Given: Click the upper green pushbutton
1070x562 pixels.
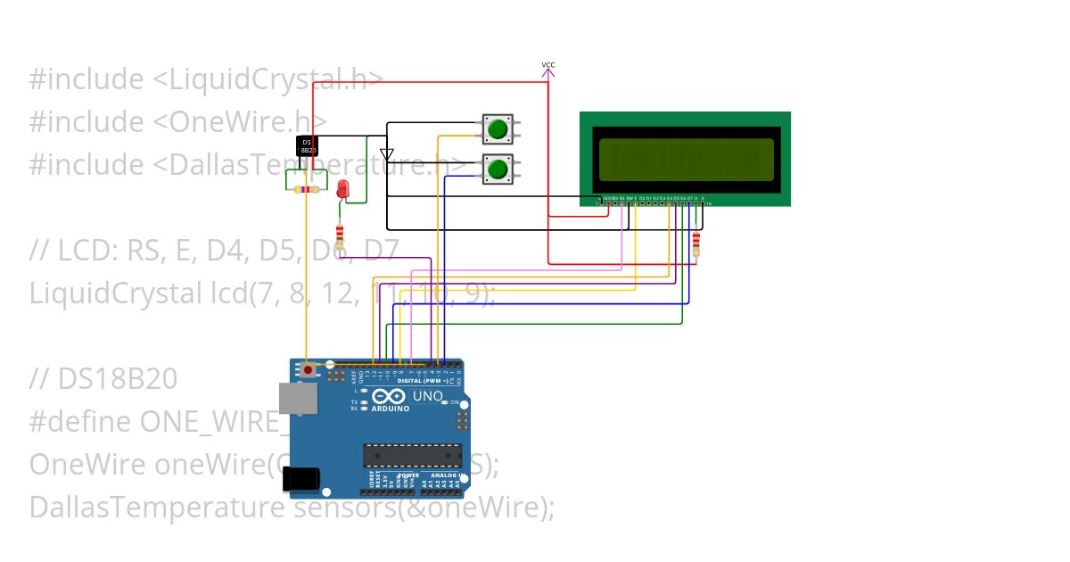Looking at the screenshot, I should [498, 128].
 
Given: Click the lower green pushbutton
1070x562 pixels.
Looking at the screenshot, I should [498, 169].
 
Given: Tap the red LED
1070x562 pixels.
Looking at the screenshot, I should [343, 187].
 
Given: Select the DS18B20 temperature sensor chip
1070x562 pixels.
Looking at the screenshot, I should [306, 147].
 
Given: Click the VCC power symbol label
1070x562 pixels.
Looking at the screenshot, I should [548, 65].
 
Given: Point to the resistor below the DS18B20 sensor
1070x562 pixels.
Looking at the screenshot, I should [306, 189].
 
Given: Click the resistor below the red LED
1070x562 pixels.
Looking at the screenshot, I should [340, 235].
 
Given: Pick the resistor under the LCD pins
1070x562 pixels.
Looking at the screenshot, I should [696, 241].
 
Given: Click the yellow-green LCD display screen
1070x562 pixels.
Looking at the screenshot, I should [686, 159].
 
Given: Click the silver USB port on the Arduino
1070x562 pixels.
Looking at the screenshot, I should [296, 399].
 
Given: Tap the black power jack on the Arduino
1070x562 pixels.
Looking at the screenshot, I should [301, 481].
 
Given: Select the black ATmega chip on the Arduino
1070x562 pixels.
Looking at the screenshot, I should [412, 455].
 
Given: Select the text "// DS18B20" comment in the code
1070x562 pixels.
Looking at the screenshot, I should [103, 379].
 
